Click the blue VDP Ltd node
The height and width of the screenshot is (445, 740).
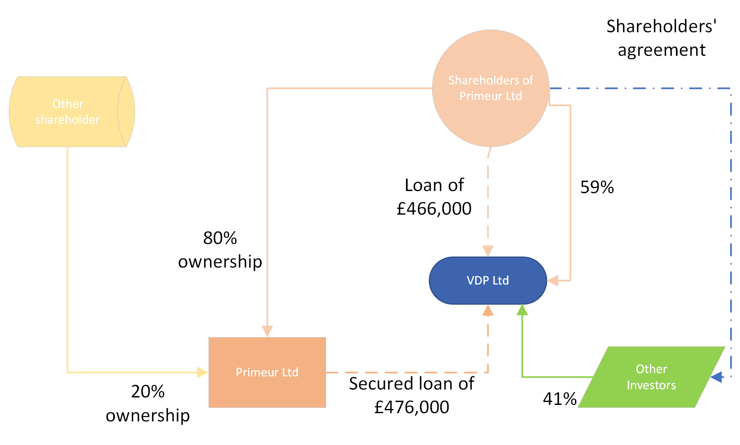click(x=488, y=280)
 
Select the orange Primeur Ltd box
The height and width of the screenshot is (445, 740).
click(x=267, y=372)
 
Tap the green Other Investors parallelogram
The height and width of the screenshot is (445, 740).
click(x=651, y=377)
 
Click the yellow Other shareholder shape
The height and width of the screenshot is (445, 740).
click(x=68, y=112)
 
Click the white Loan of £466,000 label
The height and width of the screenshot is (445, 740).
click(x=434, y=197)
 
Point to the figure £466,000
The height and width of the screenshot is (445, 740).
click(x=434, y=208)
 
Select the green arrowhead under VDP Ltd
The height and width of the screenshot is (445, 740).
click(x=523, y=310)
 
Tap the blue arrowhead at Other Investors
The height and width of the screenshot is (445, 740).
click(x=717, y=377)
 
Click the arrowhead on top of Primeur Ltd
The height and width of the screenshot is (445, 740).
click(x=267, y=331)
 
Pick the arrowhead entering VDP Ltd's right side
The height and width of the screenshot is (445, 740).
click(x=553, y=280)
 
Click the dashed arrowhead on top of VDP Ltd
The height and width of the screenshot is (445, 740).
click(x=488, y=251)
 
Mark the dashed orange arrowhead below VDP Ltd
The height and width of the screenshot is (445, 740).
click(x=488, y=311)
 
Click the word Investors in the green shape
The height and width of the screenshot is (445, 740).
click(x=651, y=385)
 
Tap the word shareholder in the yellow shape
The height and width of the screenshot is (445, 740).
click(x=67, y=120)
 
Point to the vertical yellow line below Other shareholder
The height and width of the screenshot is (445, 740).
click(x=67, y=256)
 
